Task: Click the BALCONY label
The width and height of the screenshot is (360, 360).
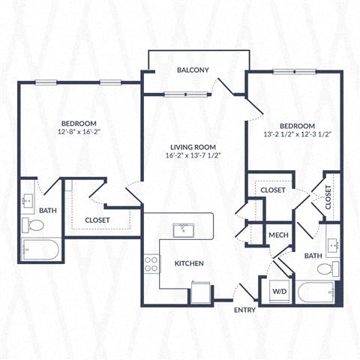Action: pyautogui.click(x=193, y=70)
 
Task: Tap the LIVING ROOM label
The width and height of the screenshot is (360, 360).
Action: pyautogui.click(x=193, y=145)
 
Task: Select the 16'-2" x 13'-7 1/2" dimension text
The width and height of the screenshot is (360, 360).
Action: pyautogui.click(x=193, y=155)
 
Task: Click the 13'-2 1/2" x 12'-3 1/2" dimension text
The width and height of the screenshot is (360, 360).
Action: pyautogui.click(x=296, y=134)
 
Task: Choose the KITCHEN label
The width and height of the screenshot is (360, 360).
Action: pyautogui.click(x=189, y=263)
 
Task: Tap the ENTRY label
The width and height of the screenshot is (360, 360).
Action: pyautogui.click(x=244, y=310)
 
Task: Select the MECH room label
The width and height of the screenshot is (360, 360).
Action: pyautogui.click(x=279, y=235)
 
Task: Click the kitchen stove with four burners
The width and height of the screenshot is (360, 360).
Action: pyautogui.click(x=151, y=263)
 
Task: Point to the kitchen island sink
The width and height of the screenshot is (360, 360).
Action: pyautogui.click(x=182, y=229)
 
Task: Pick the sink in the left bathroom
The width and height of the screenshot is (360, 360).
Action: pyautogui.click(x=28, y=200)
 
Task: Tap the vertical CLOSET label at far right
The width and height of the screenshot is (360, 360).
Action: pyautogui.click(x=328, y=197)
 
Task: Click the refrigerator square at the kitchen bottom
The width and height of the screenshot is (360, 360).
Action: pyautogui.click(x=201, y=291)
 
